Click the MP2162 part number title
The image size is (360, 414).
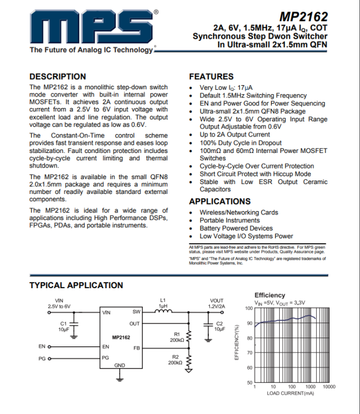(x=303, y=17)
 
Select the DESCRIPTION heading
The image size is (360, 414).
(x=58, y=76)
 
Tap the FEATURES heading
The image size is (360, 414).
(x=211, y=76)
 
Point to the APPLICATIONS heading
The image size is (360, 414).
(x=220, y=201)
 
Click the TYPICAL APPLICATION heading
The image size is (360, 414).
(x=76, y=285)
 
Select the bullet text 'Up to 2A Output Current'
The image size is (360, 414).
(x=235, y=135)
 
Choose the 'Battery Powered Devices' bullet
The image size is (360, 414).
(x=236, y=228)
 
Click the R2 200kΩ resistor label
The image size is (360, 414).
(x=176, y=360)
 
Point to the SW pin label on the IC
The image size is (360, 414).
(x=136, y=312)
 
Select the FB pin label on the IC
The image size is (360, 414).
(x=136, y=348)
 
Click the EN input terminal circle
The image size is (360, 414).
(x=50, y=346)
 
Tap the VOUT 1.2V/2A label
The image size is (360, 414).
(x=217, y=303)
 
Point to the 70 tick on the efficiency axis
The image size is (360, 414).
(x=249, y=353)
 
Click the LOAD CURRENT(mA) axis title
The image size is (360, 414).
(x=289, y=393)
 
